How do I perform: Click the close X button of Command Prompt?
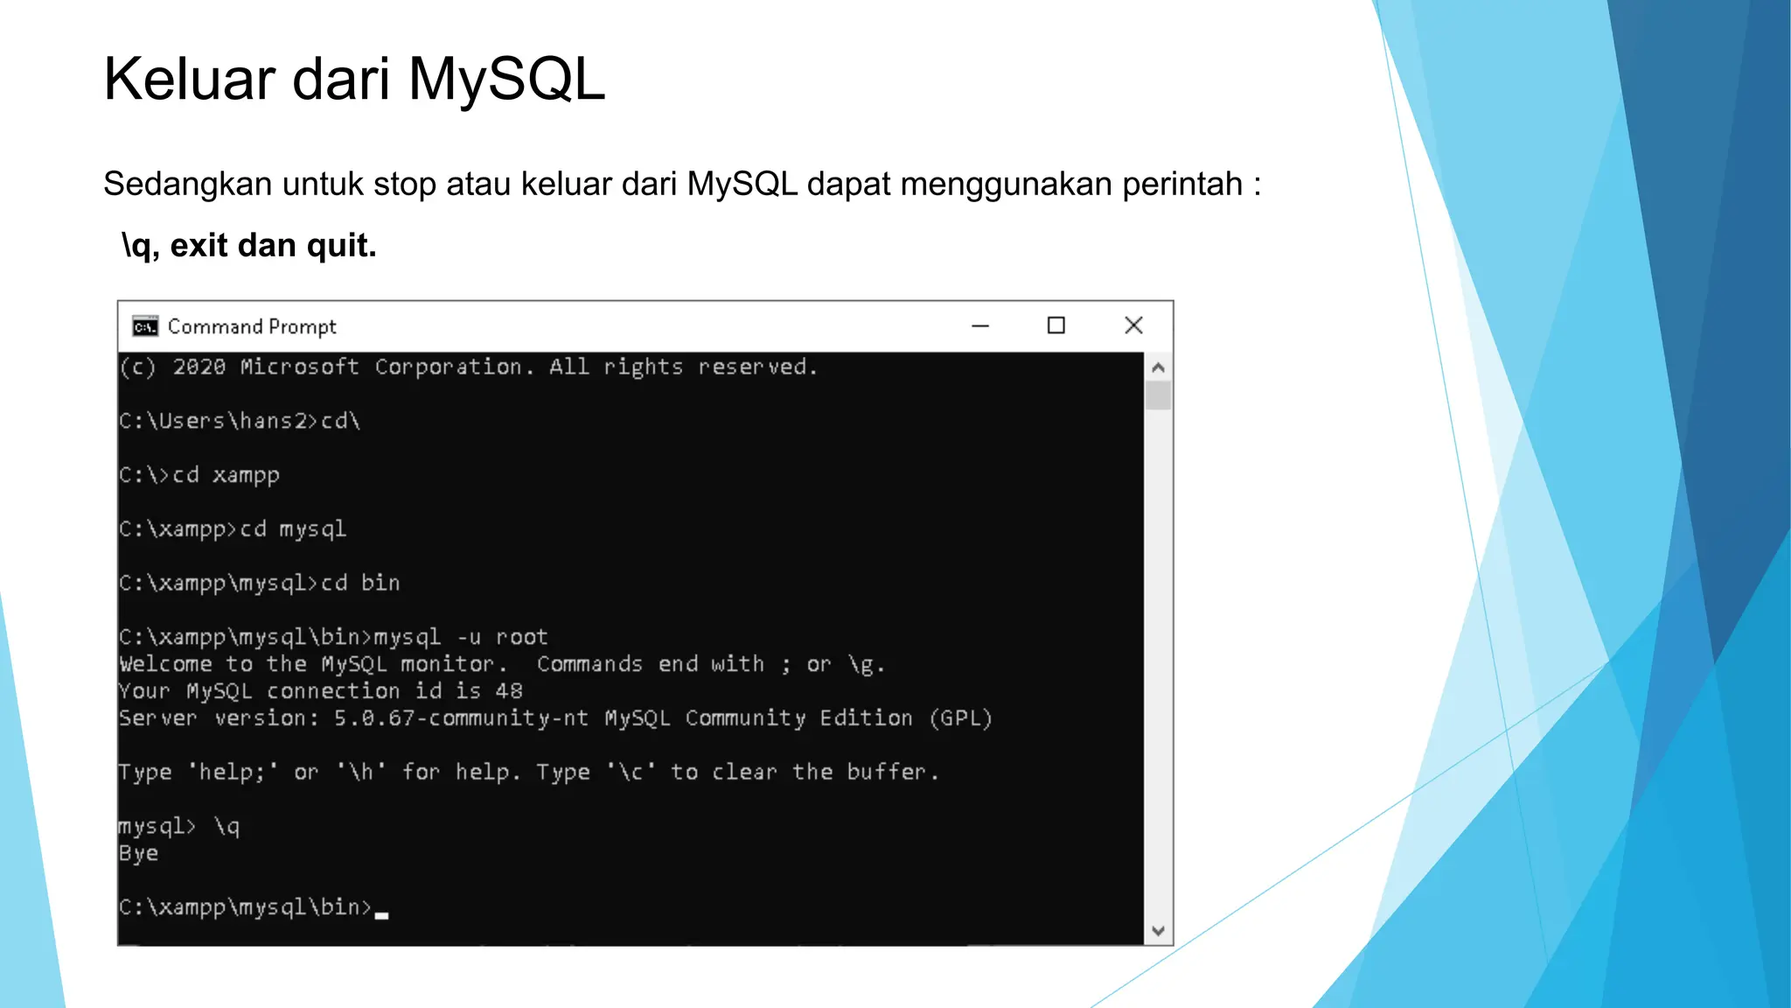click(x=1133, y=325)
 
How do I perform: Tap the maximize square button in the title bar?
click(x=1056, y=325)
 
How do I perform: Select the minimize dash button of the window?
click(x=980, y=325)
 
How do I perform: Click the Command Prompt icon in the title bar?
click(x=145, y=326)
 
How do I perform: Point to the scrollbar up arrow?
click(x=1158, y=367)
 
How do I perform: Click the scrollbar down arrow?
click(x=1158, y=931)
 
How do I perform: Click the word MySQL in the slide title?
click(x=506, y=80)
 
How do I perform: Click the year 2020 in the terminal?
click(x=199, y=367)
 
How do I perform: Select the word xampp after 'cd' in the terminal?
click(x=246, y=475)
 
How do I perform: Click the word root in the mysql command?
click(x=521, y=637)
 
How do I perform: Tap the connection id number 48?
click(x=508, y=691)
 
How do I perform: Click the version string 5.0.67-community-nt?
click(x=461, y=718)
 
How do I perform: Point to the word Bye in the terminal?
click(x=138, y=853)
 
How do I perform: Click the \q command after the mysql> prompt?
click(x=226, y=826)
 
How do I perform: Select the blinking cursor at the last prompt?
click(x=381, y=914)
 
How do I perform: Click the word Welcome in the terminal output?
click(x=165, y=664)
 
